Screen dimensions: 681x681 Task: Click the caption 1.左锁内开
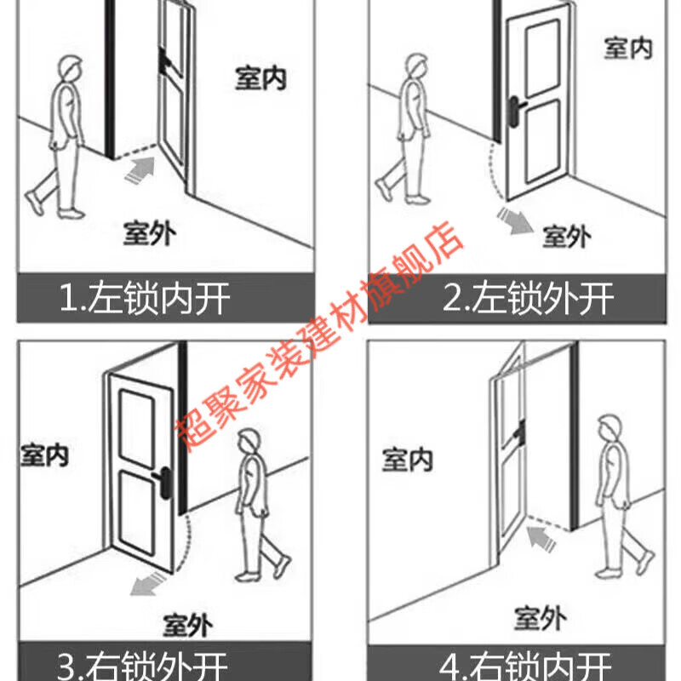click(x=145, y=299)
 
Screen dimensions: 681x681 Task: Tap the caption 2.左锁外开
click(x=529, y=299)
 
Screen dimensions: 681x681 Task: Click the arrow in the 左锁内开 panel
click(x=140, y=171)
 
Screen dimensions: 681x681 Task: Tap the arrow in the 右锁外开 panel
click(x=144, y=585)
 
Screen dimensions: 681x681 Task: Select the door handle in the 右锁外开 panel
click(x=163, y=476)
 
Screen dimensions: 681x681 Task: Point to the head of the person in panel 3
click(x=248, y=441)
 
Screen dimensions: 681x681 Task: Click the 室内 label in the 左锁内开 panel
click(x=260, y=78)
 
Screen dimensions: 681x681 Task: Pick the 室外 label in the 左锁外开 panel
click(x=566, y=236)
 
